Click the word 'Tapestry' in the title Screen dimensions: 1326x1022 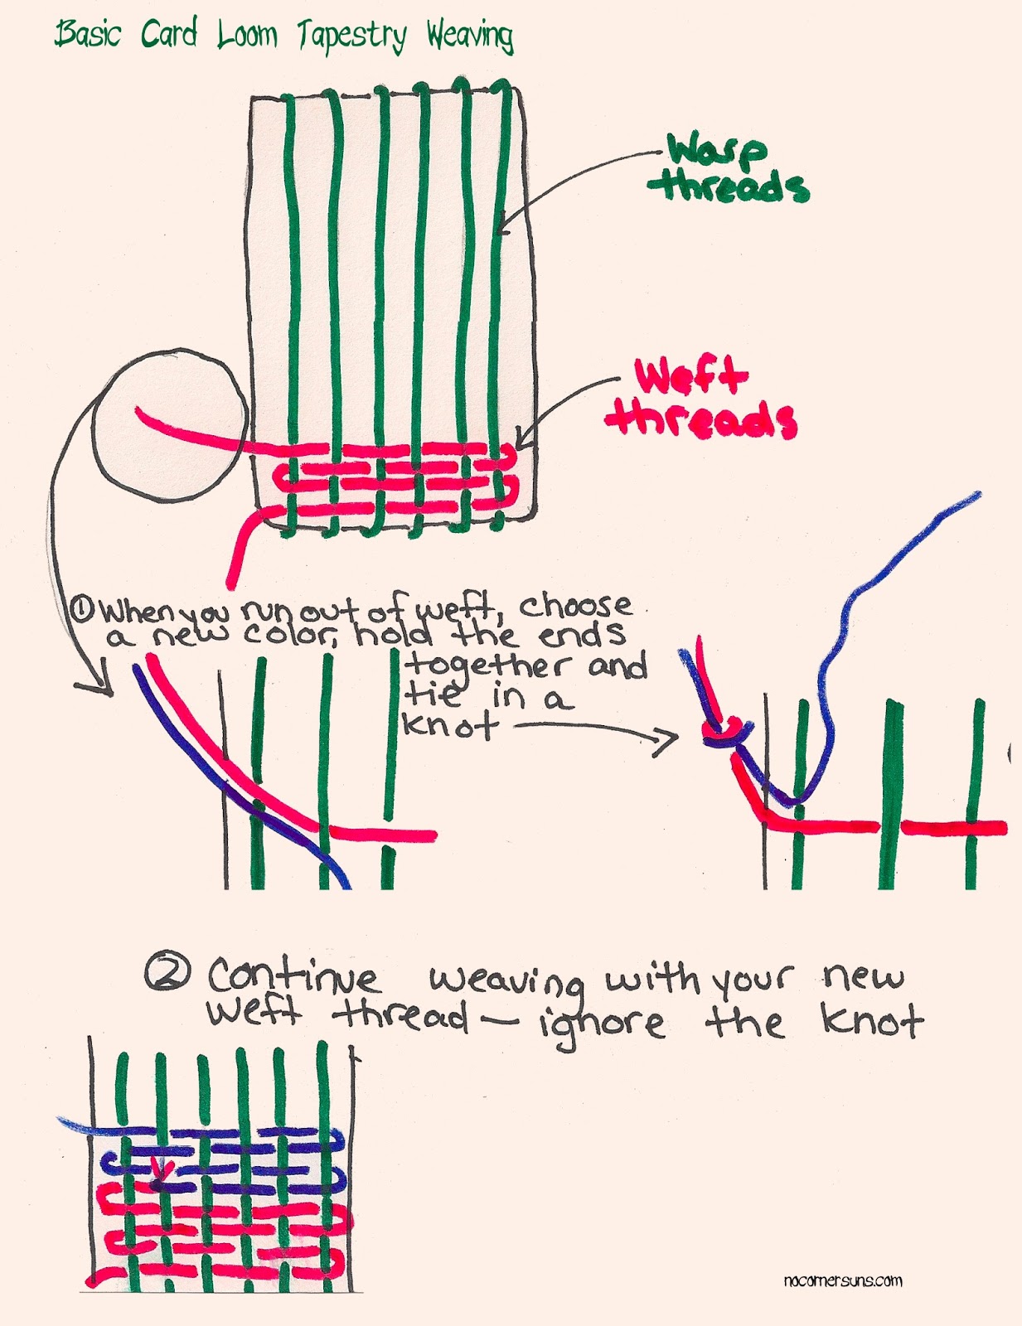(x=352, y=37)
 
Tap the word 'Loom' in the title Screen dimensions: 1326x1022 (x=247, y=35)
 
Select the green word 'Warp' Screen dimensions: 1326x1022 (x=717, y=152)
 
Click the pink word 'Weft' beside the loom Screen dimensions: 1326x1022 (x=690, y=378)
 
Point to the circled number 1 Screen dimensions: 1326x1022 (x=82, y=611)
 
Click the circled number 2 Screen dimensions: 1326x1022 (x=168, y=973)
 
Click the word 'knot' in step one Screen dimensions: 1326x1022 (x=450, y=727)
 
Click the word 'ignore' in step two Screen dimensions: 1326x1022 (x=600, y=1024)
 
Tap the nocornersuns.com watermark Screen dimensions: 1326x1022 (x=842, y=1280)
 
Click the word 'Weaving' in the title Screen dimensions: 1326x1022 (x=470, y=36)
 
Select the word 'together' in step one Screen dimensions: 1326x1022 (x=487, y=665)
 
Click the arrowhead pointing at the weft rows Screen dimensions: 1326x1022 (x=521, y=437)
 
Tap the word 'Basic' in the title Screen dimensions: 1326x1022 (x=88, y=35)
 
